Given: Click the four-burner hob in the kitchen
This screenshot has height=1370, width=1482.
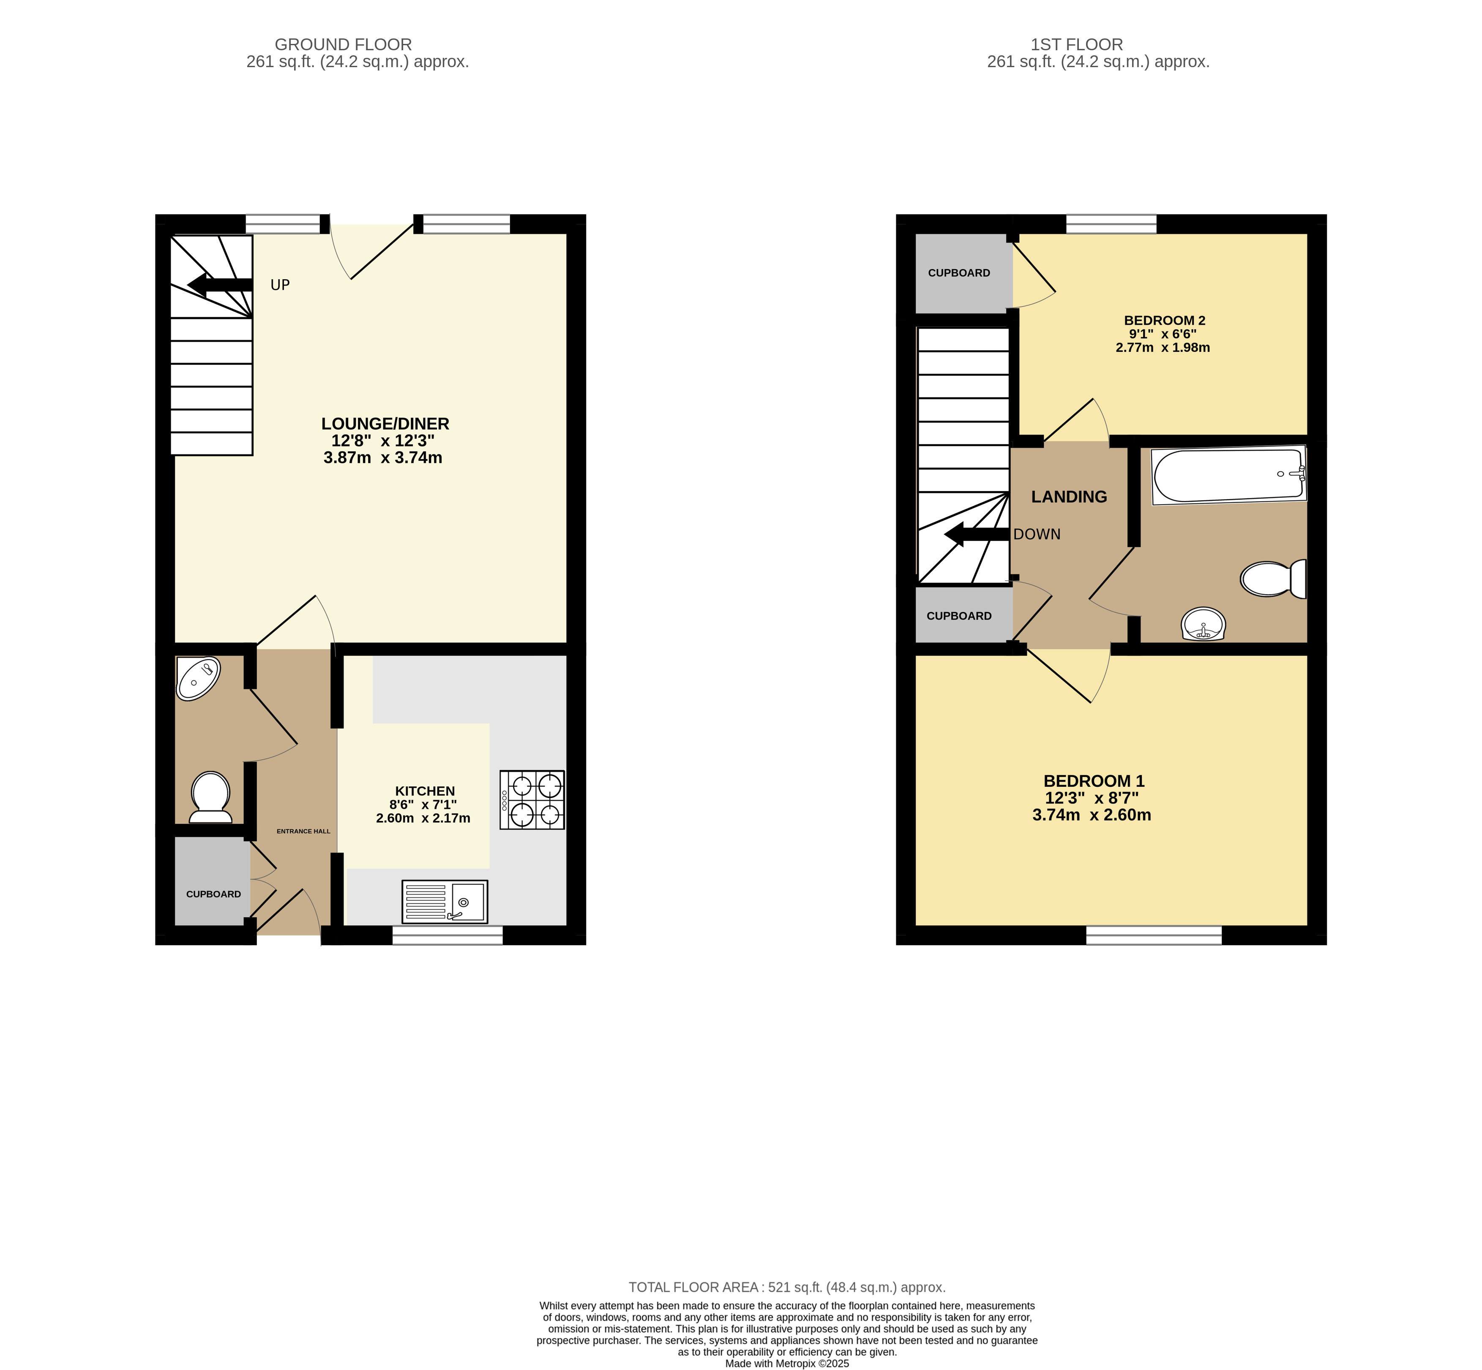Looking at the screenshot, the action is (x=532, y=800).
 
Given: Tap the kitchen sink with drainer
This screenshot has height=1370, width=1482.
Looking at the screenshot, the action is (x=444, y=902).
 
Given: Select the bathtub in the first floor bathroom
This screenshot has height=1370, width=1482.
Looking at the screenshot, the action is (x=1228, y=474).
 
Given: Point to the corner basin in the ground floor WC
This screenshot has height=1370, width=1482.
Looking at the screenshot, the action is (x=197, y=677).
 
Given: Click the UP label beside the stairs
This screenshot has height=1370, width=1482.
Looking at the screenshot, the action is (x=280, y=285).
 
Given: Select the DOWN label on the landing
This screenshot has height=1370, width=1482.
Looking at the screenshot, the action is (x=1037, y=534).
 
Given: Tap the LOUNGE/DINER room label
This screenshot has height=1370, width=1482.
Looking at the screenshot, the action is (x=385, y=423).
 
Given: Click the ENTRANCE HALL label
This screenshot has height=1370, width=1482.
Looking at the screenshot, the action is (x=303, y=831).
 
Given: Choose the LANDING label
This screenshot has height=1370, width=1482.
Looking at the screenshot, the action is (x=1069, y=497).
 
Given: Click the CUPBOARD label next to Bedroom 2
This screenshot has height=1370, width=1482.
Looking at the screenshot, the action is (x=959, y=273).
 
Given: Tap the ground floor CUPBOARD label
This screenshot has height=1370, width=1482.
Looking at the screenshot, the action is (x=214, y=894).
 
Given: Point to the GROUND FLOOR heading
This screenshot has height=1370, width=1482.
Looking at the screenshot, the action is (x=343, y=44).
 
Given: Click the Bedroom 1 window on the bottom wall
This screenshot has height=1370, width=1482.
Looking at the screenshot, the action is (x=1153, y=935).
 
